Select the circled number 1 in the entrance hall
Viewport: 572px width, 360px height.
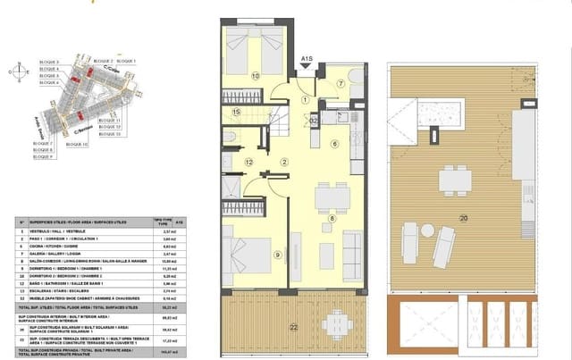305,99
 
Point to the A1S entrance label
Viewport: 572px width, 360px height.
307,60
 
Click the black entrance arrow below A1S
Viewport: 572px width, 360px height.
307,71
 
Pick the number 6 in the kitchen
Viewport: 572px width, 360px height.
336,143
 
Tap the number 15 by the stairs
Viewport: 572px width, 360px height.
237,112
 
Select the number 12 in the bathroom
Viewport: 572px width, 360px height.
249,162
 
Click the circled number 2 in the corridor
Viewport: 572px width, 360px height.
284,162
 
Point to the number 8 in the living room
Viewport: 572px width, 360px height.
331,217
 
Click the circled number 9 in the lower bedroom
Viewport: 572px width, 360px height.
278,255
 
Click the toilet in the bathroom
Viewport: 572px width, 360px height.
230,136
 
